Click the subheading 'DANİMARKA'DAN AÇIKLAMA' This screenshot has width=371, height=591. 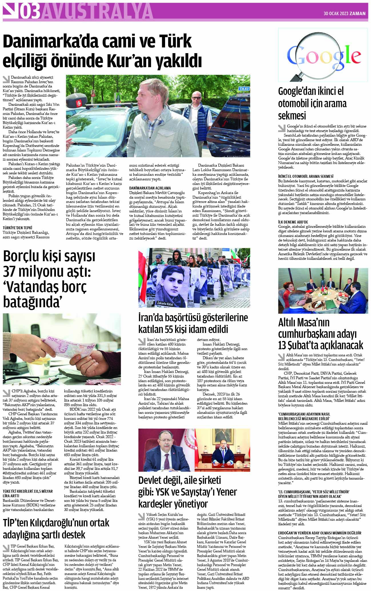(x=150, y=188)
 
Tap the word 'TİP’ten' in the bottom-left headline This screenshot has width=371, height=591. (x=17, y=523)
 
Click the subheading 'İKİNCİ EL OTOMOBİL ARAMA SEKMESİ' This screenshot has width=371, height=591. (x=306, y=176)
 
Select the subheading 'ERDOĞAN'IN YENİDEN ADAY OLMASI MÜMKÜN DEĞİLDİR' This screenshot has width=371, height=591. (x=320, y=533)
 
